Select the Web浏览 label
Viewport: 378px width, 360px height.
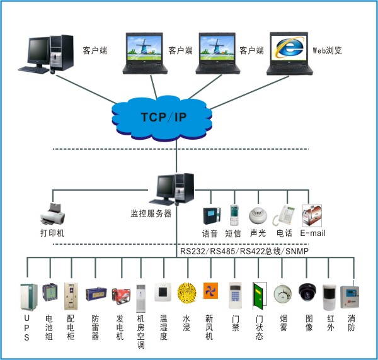click(x=327, y=50)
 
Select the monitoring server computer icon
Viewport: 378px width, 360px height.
click(x=175, y=189)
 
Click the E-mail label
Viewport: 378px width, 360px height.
click(x=312, y=233)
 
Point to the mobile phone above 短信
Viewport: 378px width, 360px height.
click(x=234, y=216)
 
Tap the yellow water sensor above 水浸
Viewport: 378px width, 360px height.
click(x=186, y=294)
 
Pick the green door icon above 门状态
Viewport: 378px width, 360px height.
click(x=258, y=295)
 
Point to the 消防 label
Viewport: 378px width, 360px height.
click(x=352, y=323)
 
